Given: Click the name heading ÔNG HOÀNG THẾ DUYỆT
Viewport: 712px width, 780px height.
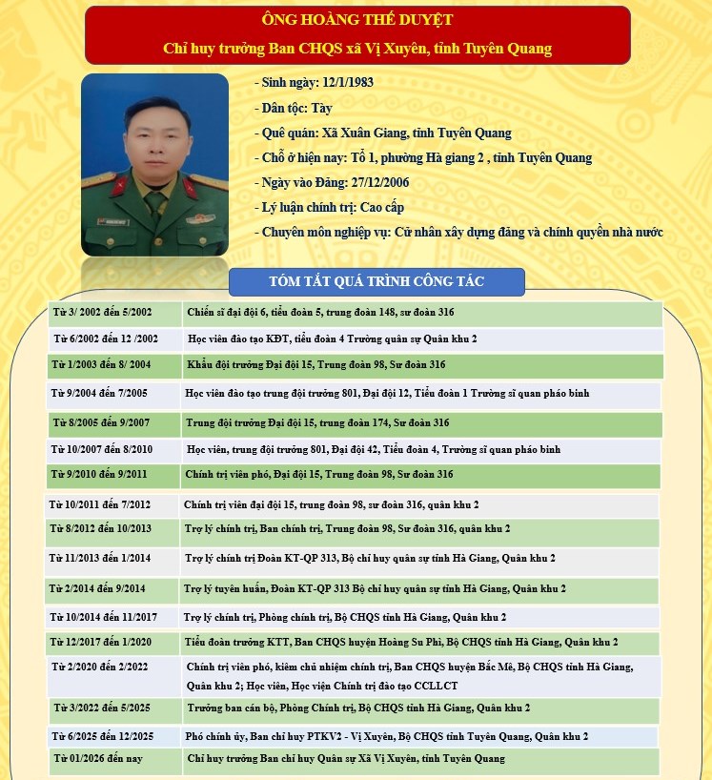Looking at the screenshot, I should [357, 19].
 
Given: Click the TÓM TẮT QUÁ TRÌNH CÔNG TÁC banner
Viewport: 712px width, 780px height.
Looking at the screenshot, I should [376, 281].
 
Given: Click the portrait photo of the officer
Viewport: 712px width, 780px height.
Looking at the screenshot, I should [154, 164].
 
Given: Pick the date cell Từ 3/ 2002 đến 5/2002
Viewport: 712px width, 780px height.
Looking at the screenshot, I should [102, 314].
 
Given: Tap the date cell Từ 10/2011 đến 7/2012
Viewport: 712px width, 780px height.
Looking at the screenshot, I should [100, 504].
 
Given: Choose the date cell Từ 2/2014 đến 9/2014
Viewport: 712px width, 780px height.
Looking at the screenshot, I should [101, 589].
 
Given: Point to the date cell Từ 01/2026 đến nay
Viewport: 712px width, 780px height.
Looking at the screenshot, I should [99, 759].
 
